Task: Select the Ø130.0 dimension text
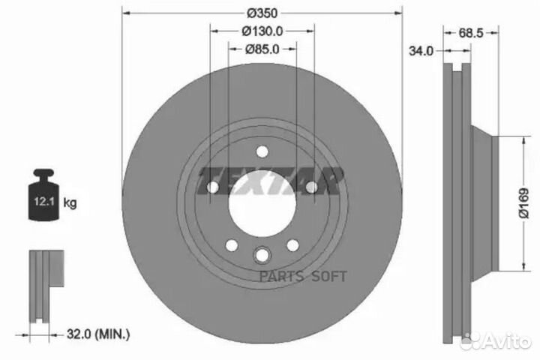pyautogui.click(x=262, y=31)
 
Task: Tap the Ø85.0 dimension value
pyautogui.click(x=262, y=49)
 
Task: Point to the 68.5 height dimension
pyautogui.click(x=469, y=34)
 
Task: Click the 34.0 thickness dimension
pyautogui.click(x=420, y=51)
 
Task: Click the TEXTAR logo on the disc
pyautogui.click(x=270, y=181)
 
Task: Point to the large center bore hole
pyautogui.click(x=260, y=205)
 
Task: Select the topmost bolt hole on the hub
pyautogui.click(x=262, y=152)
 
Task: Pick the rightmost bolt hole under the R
pyautogui.click(x=310, y=187)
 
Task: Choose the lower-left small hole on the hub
pyautogui.click(x=232, y=245)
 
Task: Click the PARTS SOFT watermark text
pyautogui.click(x=304, y=275)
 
